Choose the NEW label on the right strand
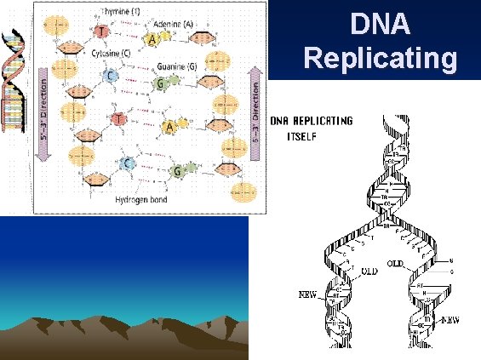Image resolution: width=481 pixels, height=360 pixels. coord(452,322)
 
